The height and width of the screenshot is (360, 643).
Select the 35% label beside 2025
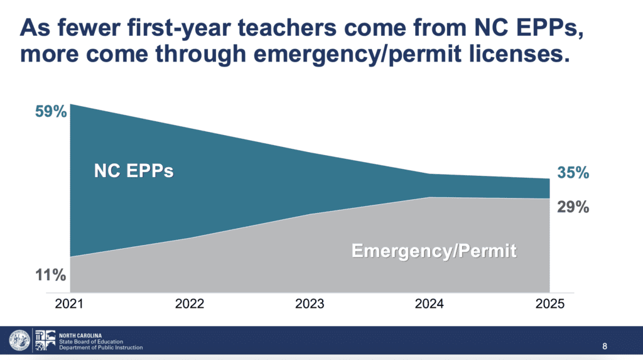(573, 172)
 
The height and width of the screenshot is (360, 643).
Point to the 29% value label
(573, 207)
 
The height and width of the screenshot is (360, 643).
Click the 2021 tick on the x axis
(70, 305)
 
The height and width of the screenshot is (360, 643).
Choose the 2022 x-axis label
(190, 305)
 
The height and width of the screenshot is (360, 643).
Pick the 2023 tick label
(310, 305)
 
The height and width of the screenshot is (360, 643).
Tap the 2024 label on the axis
(430, 305)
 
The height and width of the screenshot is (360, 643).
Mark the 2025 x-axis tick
(549, 305)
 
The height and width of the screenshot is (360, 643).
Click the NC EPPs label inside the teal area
(134, 170)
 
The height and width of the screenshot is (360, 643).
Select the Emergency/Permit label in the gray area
(434, 251)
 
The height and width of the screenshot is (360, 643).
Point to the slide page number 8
(605, 346)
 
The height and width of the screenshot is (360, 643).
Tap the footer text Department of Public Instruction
(100, 347)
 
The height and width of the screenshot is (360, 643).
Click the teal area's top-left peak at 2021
(71, 105)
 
